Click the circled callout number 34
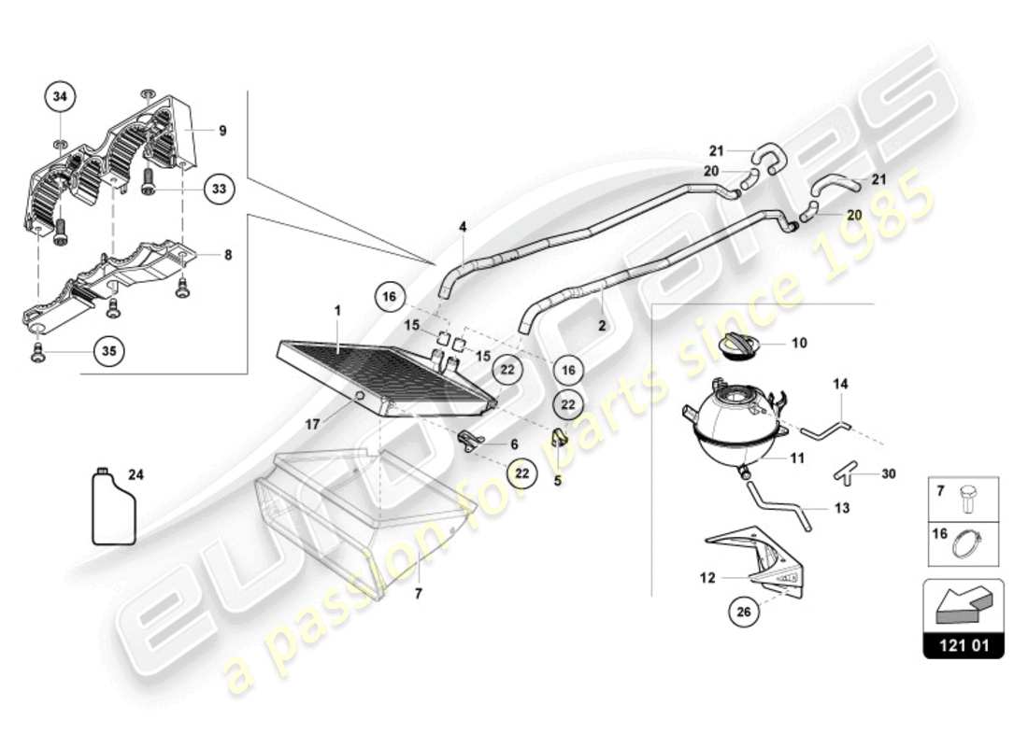pos(61,96)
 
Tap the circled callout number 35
pos(107,352)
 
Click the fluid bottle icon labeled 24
pos(113,507)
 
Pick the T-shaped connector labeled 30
pos(843,474)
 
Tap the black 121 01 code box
pos(964,645)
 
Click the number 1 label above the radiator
pos(338,309)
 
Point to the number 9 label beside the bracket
pos(222,131)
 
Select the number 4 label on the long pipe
pos(462,226)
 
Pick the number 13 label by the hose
pos(843,509)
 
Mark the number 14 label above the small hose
pos(840,383)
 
